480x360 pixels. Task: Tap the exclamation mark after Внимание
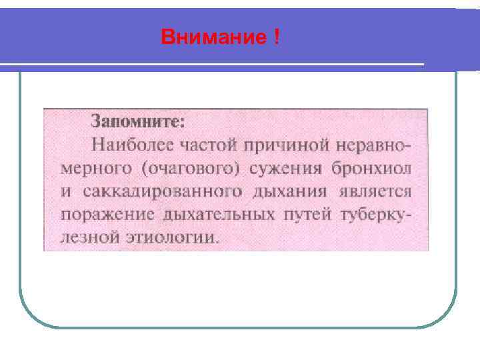[x=275, y=37]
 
